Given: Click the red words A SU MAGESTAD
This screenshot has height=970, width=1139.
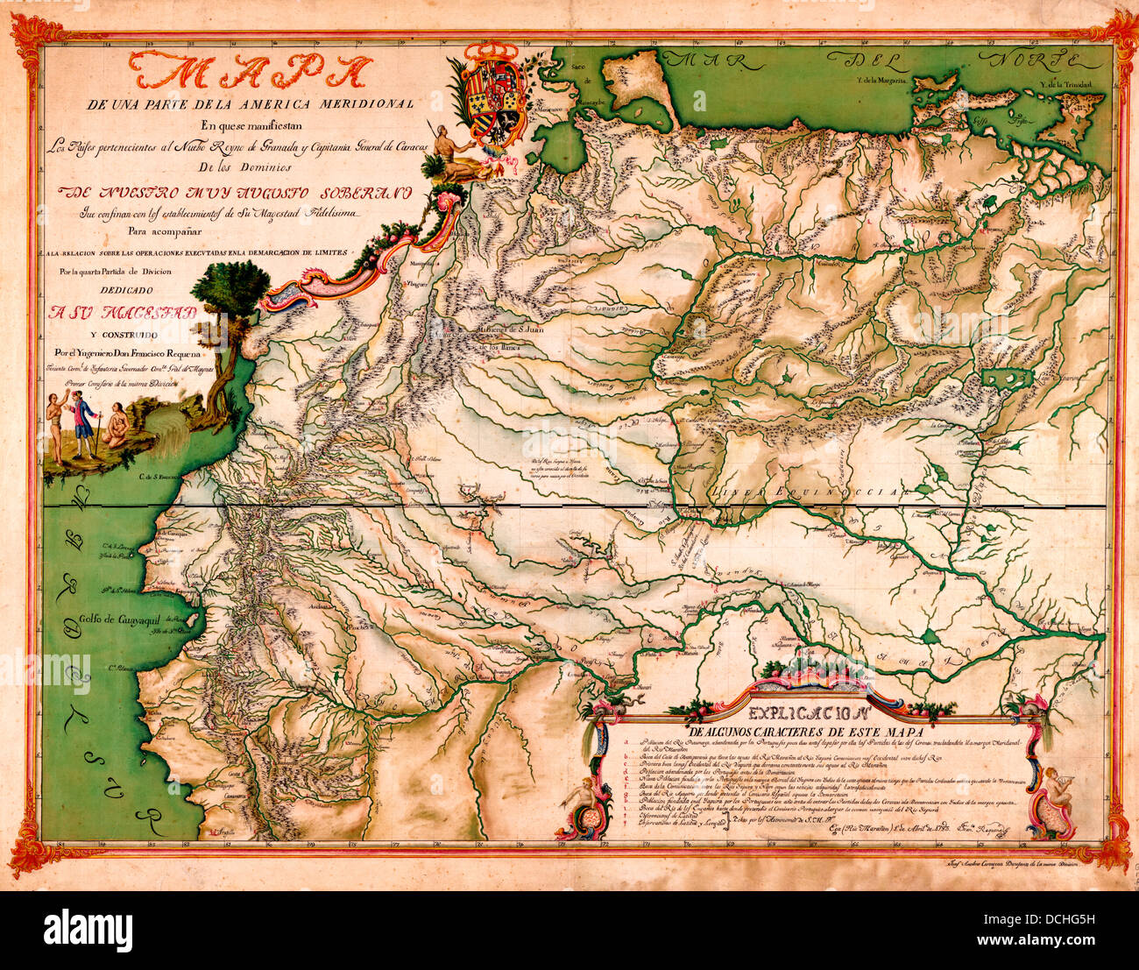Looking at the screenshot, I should pyautogui.click(x=123, y=313).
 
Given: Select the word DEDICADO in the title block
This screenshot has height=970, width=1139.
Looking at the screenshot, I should pyautogui.click(x=124, y=289).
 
